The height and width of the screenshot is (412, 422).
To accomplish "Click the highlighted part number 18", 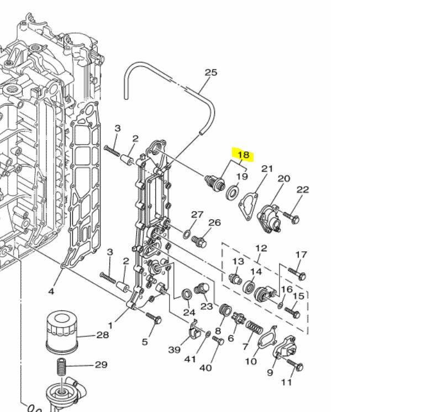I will point(243,155).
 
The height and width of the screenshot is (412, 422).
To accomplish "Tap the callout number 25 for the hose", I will point(211,72).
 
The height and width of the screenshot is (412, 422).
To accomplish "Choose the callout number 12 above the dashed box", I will point(261,249).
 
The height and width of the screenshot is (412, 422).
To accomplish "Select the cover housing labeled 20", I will point(270,212).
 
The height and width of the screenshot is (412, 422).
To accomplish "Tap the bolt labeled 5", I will point(153,318).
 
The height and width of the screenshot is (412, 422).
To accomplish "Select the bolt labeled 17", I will point(297,273).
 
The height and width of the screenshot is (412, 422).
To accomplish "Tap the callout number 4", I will point(51,291).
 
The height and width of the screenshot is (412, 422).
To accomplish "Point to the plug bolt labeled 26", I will point(202,242).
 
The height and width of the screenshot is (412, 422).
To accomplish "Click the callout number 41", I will point(191,359).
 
